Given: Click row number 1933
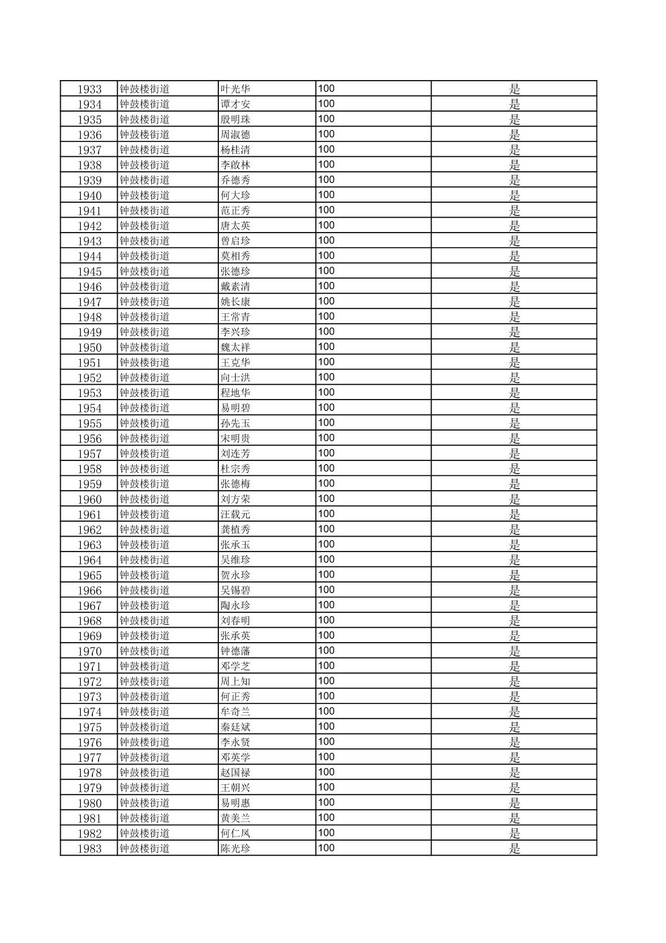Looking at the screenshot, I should pos(89,89).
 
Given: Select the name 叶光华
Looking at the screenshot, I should pos(236,89).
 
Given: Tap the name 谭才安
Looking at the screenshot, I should pos(236,104).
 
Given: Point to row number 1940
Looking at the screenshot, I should pos(89,196).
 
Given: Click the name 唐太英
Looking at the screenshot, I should pos(236,226).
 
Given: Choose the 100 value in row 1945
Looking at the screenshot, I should pos(326,271).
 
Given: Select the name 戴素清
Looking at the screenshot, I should pos(236,287).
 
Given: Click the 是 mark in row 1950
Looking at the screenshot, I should pos(515,347).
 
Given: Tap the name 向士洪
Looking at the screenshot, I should pos(236,378).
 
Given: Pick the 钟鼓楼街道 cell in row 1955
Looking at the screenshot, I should pos(144,423).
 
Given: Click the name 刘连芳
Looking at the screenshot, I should pos(236,454).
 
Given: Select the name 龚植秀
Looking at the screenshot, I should pos(236,530).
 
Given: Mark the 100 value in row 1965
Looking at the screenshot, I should pos(326,575).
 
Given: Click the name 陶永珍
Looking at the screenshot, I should pos(236,606).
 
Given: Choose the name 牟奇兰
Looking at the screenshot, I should pos(236,712).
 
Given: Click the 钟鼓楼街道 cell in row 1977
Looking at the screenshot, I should pos(144,758).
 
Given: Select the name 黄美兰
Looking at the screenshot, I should pos(236,818).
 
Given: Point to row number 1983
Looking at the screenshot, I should pos(89,849).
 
